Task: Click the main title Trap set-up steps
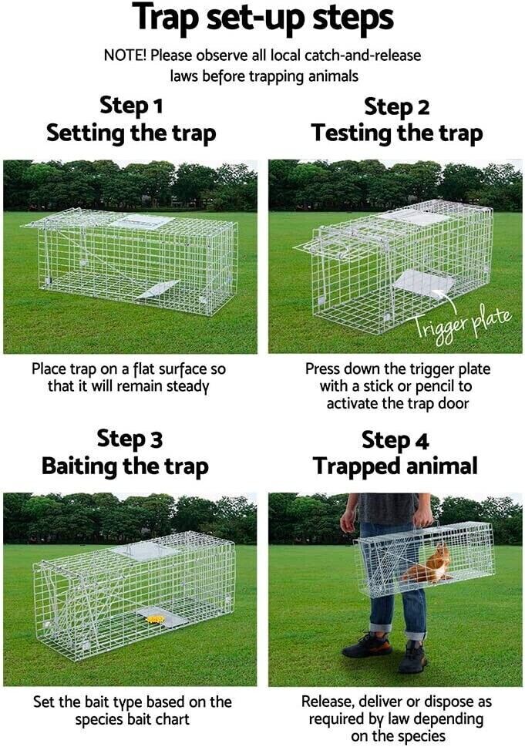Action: click(x=262, y=18)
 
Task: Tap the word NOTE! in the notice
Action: click(x=126, y=56)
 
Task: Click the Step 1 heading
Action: click(x=131, y=106)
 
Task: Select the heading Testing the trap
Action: click(x=397, y=133)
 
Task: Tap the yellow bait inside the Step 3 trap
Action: click(x=155, y=619)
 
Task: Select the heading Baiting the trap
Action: click(x=125, y=466)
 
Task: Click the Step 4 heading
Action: click(x=395, y=439)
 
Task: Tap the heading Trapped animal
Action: click(x=395, y=466)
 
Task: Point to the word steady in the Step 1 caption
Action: click(x=187, y=386)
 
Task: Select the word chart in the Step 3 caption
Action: click(x=173, y=719)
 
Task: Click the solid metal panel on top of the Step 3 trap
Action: click(x=144, y=551)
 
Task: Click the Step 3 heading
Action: click(x=130, y=439)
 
